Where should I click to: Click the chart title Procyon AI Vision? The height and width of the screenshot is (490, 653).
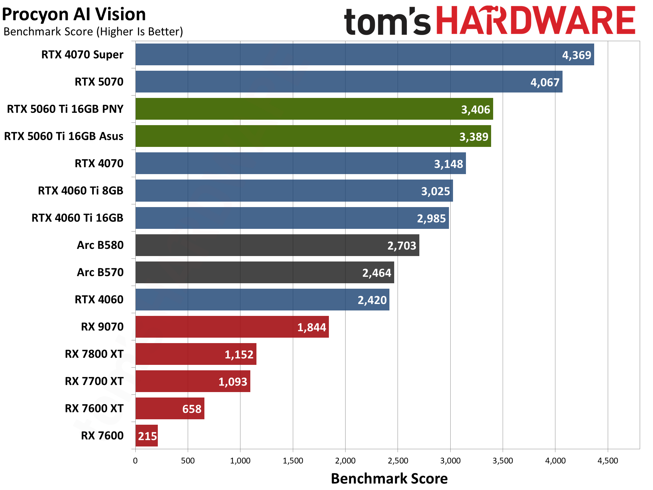tap(74, 14)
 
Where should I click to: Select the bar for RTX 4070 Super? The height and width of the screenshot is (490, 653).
tap(340, 54)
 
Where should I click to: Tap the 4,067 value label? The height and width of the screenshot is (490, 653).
tap(545, 82)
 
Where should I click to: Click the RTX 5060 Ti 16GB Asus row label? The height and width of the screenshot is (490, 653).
tap(64, 136)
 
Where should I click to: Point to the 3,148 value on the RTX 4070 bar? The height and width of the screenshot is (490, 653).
tap(448, 164)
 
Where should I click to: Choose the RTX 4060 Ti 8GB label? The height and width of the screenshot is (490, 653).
tap(81, 190)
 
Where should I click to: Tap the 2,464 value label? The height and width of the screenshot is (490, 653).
tap(376, 273)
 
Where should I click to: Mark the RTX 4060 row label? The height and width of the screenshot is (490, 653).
tap(99, 299)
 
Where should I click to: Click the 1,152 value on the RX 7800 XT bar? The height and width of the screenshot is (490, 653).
tap(239, 354)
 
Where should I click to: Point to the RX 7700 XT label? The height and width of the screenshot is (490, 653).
tap(94, 381)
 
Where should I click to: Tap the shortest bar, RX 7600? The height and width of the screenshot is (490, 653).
tap(147, 436)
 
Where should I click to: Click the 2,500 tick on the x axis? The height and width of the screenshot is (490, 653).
tap(398, 461)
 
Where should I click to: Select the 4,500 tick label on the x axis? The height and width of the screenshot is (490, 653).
tap(608, 461)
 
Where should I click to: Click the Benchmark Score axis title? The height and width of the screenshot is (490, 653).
tap(389, 478)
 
